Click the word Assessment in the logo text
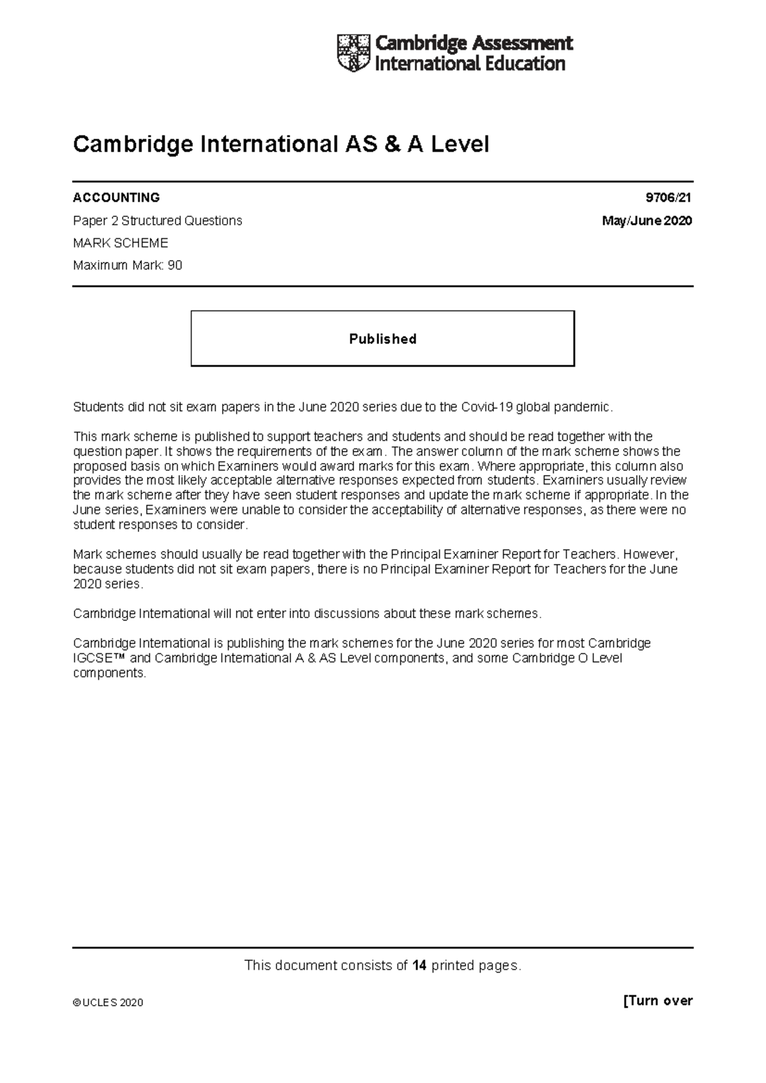click(522, 43)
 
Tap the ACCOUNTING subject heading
click(116, 197)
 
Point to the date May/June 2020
click(647, 221)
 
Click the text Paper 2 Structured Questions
click(158, 221)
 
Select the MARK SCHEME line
click(121, 243)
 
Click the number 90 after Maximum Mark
click(175, 266)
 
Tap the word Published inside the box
click(382, 339)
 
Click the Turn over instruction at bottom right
click(657, 1001)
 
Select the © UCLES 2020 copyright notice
click(108, 1003)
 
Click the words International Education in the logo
click(470, 64)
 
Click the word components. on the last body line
click(110, 673)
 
